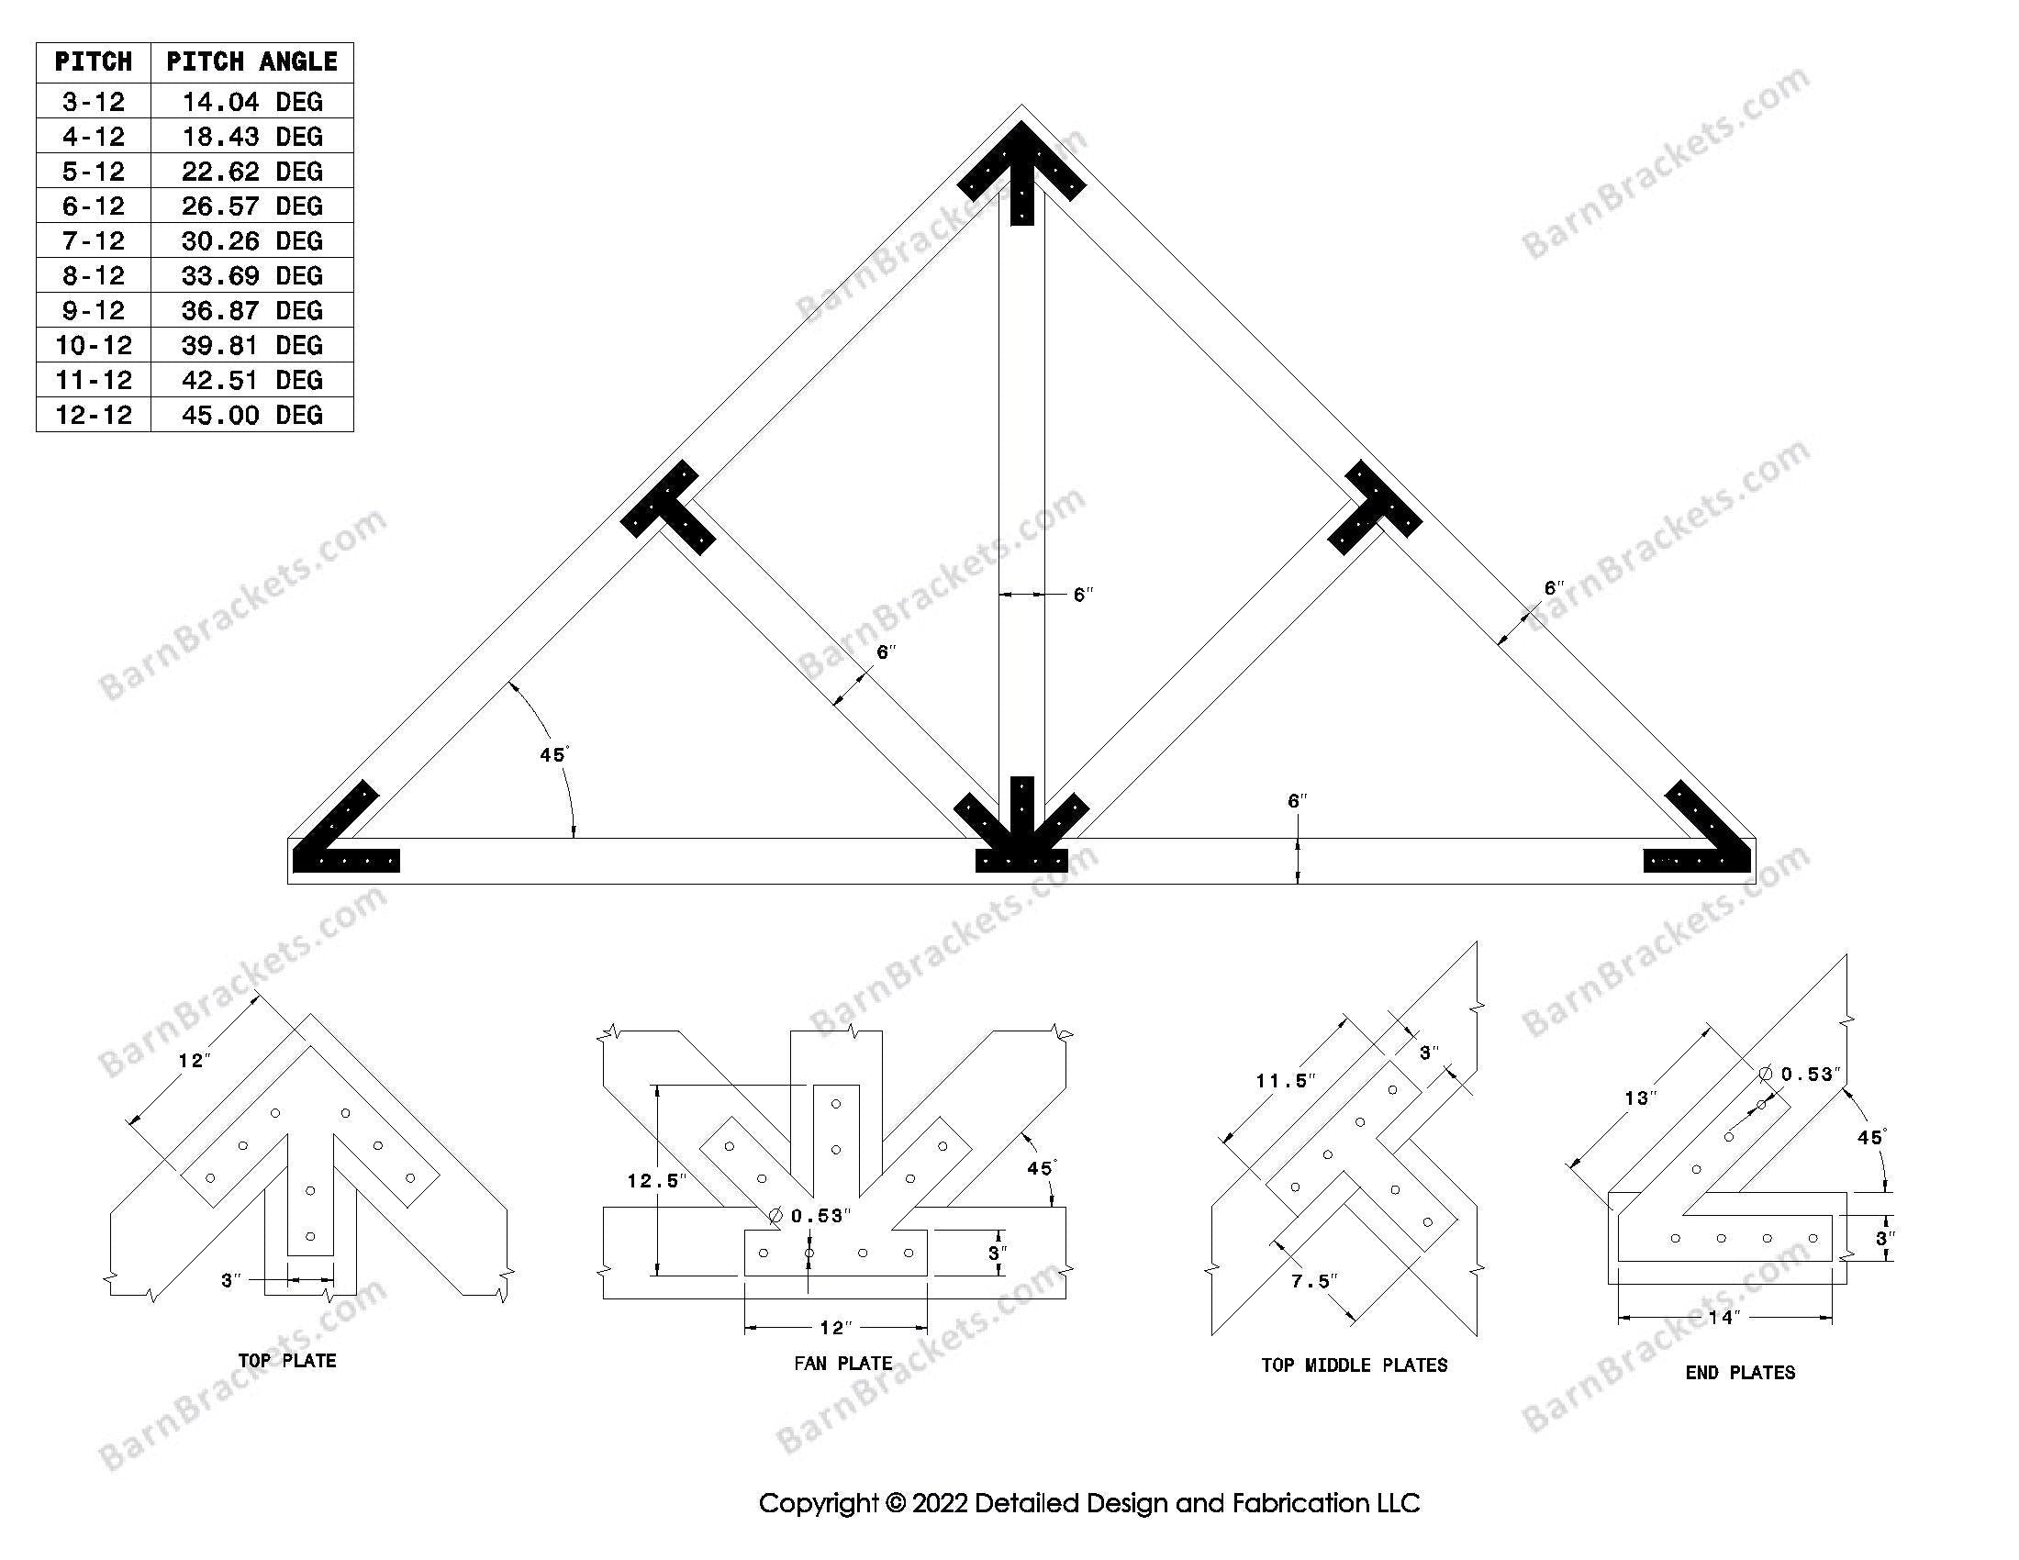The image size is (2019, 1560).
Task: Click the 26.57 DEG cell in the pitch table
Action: [251, 206]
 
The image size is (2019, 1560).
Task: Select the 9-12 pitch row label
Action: [94, 309]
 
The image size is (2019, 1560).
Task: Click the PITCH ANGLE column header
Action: [251, 61]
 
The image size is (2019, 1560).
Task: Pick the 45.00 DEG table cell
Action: [251, 414]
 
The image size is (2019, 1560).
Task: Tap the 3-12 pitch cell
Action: [94, 101]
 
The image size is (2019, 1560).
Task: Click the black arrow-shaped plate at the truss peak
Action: [1021, 172]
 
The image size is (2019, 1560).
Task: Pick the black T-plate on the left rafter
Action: [668, 508]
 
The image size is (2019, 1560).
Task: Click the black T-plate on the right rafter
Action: [1375, 508]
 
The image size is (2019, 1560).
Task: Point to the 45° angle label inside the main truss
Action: [552, 755]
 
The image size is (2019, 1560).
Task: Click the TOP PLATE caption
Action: [286, 1360]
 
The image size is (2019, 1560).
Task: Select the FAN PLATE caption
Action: [842, 1363]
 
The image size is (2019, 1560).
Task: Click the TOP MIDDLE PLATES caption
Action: [1354, 1365]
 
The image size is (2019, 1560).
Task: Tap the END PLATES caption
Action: [1740, 1373]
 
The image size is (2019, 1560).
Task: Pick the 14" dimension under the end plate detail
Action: [1724, 1317]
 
